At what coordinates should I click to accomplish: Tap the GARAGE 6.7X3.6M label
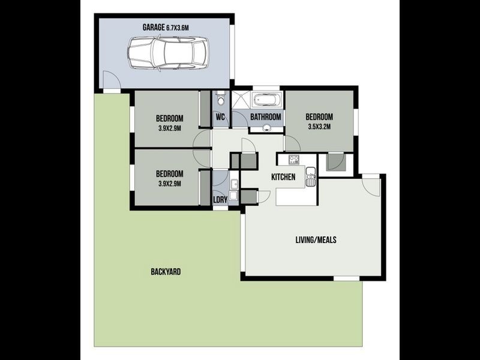[166, 28]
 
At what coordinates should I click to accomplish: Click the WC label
[220, 117]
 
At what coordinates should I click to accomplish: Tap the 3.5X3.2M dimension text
[319, 127]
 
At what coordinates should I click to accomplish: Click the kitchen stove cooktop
[294, 160]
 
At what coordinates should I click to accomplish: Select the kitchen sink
[310, 176]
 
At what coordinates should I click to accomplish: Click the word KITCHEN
[283, 177]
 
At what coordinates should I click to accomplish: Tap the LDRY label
[220, 200]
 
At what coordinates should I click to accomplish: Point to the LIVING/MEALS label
[316, 240]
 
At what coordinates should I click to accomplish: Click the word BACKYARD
[166, 272]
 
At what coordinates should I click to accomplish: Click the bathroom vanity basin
[267, 127]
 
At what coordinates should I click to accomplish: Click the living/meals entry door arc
[371, 187]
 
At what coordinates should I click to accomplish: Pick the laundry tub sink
[234, 184]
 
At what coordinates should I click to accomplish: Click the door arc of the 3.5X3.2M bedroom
[292, 144]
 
